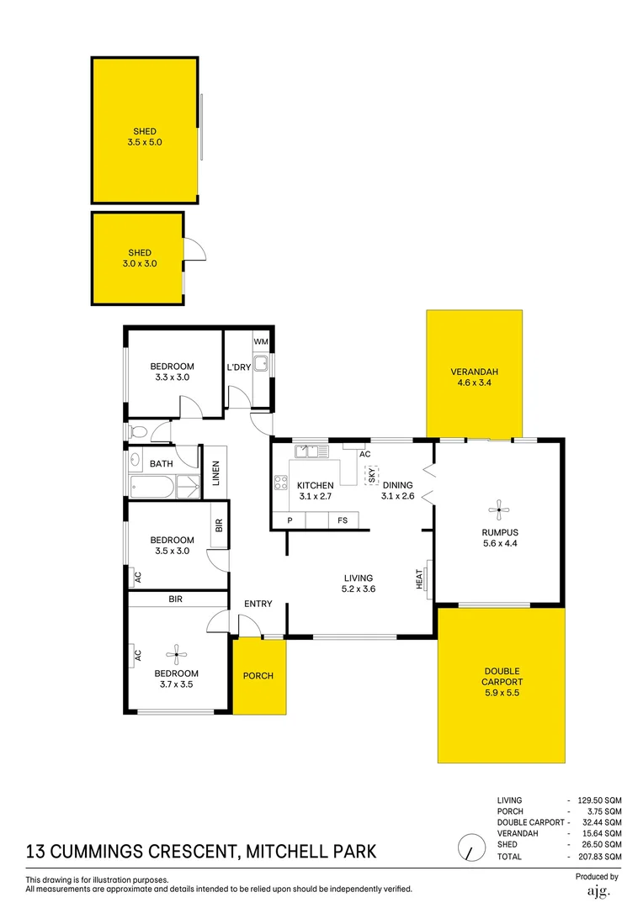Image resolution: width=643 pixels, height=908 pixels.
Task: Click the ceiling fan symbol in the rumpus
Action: click(499, 509)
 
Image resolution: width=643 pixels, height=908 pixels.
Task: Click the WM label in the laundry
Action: click(261, 342)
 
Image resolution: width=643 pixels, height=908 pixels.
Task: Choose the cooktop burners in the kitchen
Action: click(281, 483)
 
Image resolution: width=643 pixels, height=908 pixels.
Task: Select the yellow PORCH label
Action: click(258, 676)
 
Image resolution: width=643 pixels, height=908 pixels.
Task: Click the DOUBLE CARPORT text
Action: click(502, 677)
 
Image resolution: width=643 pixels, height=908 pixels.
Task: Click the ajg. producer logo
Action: click(597, 890)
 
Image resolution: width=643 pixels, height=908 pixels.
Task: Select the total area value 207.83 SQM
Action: click(601, 857)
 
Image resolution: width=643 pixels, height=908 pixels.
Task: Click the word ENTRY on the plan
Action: click(258, 604)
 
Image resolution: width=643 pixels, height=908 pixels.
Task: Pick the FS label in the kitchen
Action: click(343, 521)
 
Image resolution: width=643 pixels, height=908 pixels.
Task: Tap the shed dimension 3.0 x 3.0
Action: click(140, 264)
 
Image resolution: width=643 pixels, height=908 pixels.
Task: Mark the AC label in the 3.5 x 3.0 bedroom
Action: click(137, 578)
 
